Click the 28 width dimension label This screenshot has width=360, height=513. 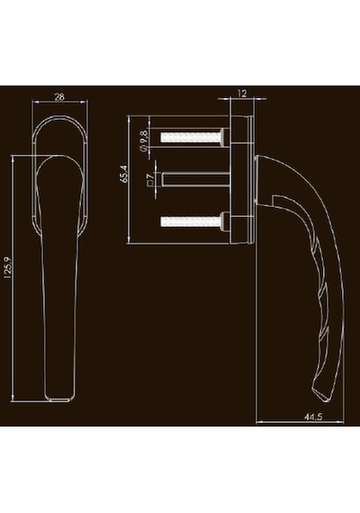click(x=59, y=97)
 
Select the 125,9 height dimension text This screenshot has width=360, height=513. click(x=8, y=268)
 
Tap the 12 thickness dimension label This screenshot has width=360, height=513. click(x=241, y=94)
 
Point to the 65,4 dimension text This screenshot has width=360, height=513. click(x=124, y=174)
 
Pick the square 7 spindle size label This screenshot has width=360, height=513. click(x=150, y=180)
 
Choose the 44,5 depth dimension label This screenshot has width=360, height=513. click(x=313, y=417)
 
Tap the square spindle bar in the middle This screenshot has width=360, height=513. click(x=195, y=180)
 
